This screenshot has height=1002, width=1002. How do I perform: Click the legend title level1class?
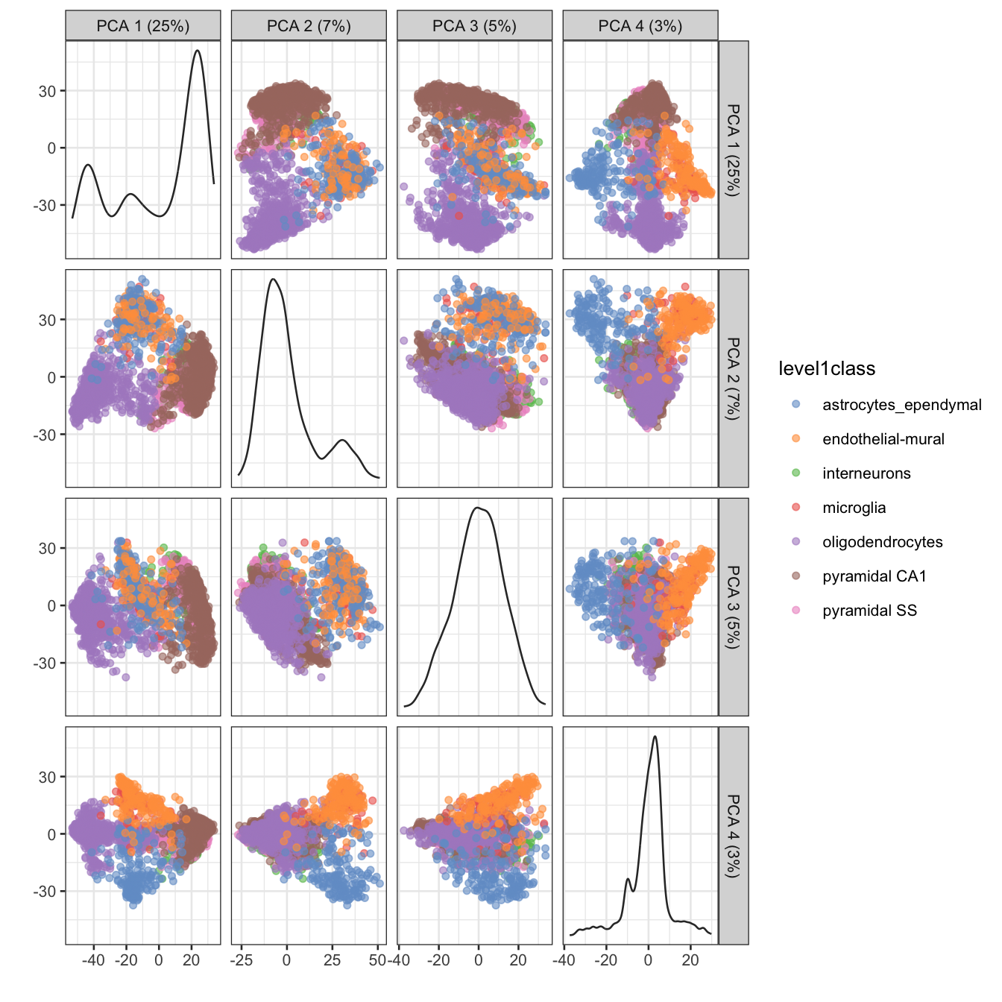(x=826, y=368)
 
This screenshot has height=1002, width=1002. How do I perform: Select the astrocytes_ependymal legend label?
(x=901, y=405)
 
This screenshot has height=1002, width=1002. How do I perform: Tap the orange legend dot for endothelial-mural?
(x=795, y=439)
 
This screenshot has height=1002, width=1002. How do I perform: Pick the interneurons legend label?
(x=866, y=473)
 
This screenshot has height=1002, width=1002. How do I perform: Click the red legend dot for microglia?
(x=795, y=508)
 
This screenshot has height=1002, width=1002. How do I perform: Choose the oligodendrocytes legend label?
(x=882, y=542)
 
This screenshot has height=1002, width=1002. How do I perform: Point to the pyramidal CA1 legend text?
(x=874, y=576)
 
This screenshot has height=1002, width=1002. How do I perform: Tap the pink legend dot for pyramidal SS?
(x=795, y=611)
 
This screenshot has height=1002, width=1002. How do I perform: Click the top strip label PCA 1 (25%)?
(x=143, y=26)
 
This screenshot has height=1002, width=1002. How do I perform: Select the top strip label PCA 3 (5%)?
(x=474, y=26)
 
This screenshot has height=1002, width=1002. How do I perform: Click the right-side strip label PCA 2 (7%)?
(x=734, y=379)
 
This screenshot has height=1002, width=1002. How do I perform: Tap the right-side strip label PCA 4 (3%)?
(x=734, y=836)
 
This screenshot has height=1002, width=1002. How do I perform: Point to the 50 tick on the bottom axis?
(x=378, y=960)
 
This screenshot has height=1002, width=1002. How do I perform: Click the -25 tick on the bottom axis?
(x=241, y=960)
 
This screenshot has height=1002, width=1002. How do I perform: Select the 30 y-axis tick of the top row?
(x=47, y=91)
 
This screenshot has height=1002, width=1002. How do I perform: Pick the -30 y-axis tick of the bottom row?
(x=44, y=892)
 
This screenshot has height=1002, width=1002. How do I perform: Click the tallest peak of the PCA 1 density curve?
(x=197, y=51)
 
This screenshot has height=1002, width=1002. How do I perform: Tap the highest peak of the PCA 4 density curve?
(x=655, y=737)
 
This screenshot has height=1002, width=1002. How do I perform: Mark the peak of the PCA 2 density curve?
(x=273, y=280)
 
